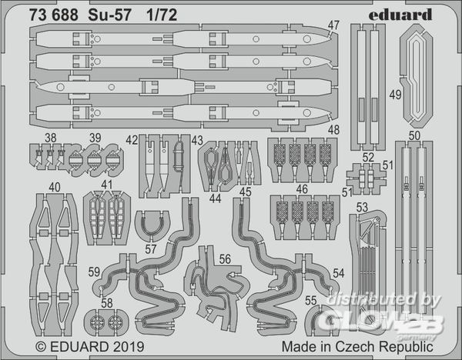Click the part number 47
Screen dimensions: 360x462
click(333, 25)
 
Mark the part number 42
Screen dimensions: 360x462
click(132, 139)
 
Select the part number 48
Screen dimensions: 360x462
click(333, 129)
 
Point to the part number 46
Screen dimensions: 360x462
click(302, 188)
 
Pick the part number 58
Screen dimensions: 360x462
click(106, 302)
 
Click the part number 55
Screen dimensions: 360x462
click(310, 300)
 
